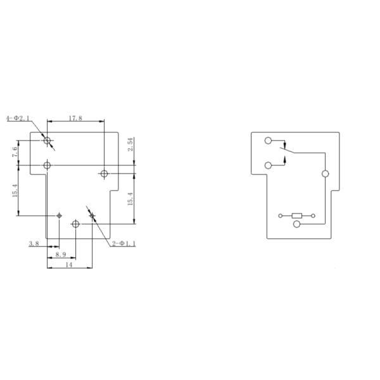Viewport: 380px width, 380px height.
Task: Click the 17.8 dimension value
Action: pos(75,118)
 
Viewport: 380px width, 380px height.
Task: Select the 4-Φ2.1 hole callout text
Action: pos(18,118)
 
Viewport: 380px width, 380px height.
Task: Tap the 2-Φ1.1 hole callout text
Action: pos(124,244)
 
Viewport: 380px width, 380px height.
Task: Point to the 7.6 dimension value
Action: pos(15,152)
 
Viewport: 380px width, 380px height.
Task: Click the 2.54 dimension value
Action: pos(130,144)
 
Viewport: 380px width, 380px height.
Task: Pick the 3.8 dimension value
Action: pos(34,244)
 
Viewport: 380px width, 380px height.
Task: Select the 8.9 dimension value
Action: pos(61,255)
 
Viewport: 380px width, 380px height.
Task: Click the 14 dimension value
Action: pos(69,265)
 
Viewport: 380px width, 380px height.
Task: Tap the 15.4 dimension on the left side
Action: pos(15,191)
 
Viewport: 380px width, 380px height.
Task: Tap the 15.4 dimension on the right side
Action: pos(130,199)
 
